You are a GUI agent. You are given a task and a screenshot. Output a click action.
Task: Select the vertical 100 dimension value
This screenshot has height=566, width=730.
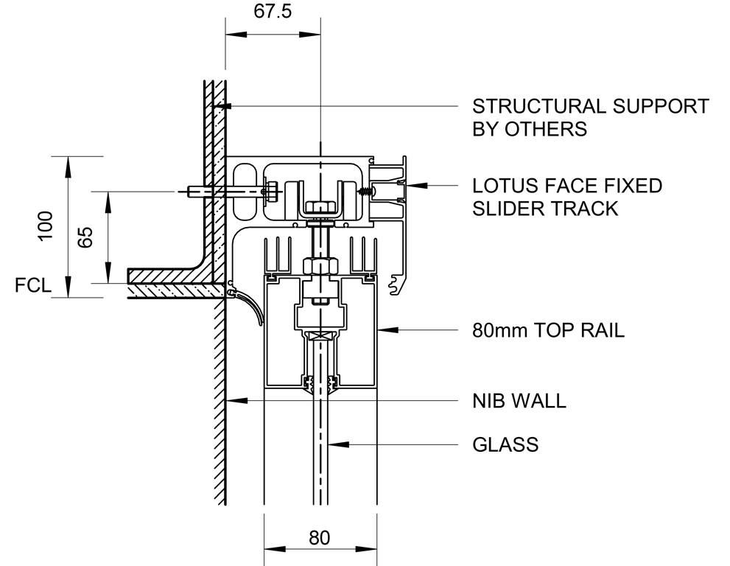tap(46, 226)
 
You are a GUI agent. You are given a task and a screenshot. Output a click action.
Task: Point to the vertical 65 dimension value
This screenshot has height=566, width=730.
tap(85, 237)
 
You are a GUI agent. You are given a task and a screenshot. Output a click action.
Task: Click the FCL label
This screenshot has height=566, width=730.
tap(33, 285)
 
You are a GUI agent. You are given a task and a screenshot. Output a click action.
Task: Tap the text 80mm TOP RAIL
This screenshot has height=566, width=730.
tap(548, 330)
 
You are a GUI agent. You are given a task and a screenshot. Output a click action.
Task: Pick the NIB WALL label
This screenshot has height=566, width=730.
tap(519, 401)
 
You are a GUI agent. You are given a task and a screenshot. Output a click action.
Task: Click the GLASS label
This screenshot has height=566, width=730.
tap(505, 444)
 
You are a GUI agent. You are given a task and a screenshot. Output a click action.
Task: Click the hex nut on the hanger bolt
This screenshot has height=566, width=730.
tap(319, 264)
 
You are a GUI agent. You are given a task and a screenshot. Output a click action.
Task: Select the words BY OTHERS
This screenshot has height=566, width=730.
tap(529, 129)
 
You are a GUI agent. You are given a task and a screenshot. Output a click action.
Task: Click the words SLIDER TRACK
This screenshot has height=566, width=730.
tap(545, 209)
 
